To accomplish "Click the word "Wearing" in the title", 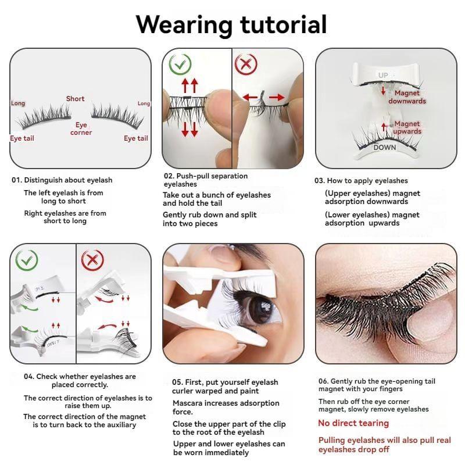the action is [184, 25].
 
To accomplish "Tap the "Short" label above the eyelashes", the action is [76, 99].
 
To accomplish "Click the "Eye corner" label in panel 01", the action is [81, 128].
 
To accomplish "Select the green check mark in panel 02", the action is [180, 64].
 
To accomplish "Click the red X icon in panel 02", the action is [246, 64].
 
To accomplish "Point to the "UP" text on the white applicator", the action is [383, 75].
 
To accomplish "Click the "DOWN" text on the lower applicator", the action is [385, 148].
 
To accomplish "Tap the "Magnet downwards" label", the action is [407, 97].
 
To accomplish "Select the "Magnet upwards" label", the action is [407, 127].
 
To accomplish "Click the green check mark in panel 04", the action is [27, 260].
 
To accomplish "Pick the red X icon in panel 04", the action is [92, 260].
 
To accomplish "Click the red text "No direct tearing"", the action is [353, 423].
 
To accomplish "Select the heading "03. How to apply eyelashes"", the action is [361, 181].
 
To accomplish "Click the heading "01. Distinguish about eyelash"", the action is [62, 180].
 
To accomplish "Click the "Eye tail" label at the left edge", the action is [22, 138].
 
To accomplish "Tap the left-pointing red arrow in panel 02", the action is [250, 97].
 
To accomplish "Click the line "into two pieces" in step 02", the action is [190, 223].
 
